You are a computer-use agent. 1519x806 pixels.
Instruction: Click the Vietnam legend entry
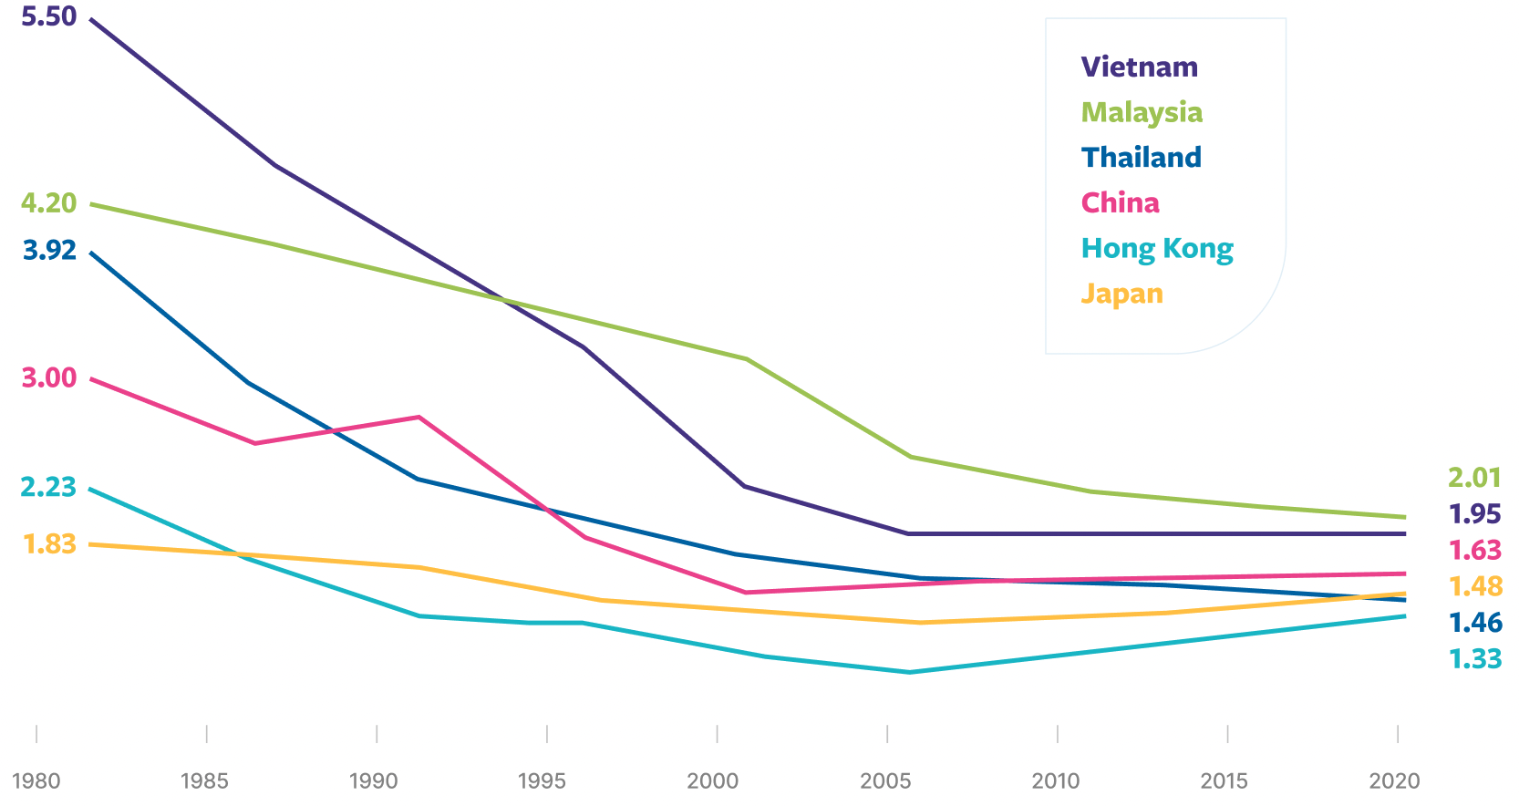(x=1139, y=67)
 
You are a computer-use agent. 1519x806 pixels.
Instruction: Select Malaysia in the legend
(x=1142, y=112)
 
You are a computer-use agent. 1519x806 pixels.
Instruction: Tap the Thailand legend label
(x=1141, y=158)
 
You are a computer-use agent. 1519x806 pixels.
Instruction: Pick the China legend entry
(x=1120, y=202)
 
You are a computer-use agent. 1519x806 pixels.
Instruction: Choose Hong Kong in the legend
(x=1156, y=248)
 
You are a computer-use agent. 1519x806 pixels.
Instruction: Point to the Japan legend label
(x=1121, y=294)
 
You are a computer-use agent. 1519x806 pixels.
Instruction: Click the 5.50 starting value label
(x=48, y=16)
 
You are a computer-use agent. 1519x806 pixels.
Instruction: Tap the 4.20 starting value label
(x=48, y=202)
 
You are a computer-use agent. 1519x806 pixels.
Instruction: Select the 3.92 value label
(x=49, y=250)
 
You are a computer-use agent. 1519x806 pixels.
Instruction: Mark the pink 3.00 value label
(x=48, y=377)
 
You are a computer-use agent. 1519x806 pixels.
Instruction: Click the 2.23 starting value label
(x=48, y=487)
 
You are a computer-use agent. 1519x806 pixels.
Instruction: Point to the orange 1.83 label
(x=49, y=543)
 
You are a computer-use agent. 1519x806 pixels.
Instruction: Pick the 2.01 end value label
(x=1473, y=477)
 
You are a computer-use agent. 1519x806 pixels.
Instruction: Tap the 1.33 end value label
(x=1474, y=658)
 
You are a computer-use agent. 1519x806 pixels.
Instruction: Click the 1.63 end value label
(x=1474, y=550)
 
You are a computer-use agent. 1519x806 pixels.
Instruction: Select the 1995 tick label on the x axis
(x=542, y=781)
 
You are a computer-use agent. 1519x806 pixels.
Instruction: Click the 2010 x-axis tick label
(x=1055, y=781)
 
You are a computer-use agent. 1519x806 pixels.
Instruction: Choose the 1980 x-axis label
(x=36, y=781)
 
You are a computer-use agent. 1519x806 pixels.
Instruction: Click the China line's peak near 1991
(x=418, y=418)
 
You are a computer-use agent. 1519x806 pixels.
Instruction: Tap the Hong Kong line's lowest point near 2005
(x=909, y=672)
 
